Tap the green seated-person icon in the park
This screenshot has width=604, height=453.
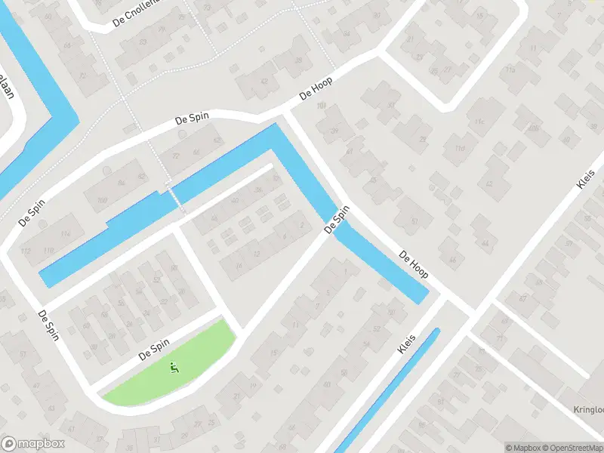[174, 368]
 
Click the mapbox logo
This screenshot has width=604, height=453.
[33, 444]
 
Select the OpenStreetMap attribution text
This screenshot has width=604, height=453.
[572, 448]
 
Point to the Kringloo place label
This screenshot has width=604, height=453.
[587, 410]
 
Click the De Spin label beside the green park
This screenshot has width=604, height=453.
[154, 350]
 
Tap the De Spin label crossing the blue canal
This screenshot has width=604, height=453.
[337, 219]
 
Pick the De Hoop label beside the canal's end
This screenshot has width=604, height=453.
[414, 264]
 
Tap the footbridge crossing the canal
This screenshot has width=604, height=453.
[175, 199]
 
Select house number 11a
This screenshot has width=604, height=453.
[510, 69]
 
